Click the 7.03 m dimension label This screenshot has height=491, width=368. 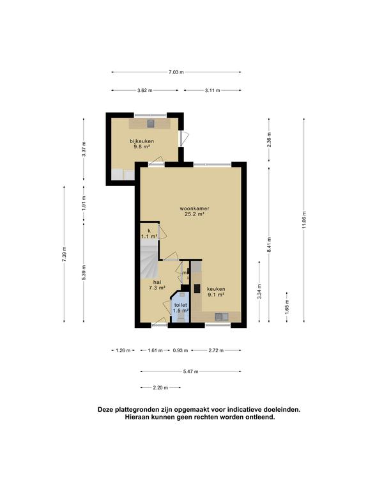tap(176, 72)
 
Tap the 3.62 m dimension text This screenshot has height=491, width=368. tap(144, 91)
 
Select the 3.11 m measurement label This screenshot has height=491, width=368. tap(213, 91)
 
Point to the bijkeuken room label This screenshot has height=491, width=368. tap(142, 141)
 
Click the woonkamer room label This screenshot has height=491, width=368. tap(194, 208)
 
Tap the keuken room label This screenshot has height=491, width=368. tap(216, 289)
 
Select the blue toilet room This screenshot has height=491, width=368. tap(180, 307)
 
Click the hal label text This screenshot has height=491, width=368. tap(157, 282)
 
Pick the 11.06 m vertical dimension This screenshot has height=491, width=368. tap(304, 220)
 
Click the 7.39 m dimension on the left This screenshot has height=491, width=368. tap(64, 254)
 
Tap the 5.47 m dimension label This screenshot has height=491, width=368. tap(190, 371)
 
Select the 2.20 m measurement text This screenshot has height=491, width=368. tap(160, 387)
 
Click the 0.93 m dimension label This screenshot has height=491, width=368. tap(180, 350)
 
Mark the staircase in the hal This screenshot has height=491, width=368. tap(149, 262)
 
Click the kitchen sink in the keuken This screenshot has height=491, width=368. tap(222, 317)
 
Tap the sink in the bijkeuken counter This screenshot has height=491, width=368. tap(151, 123)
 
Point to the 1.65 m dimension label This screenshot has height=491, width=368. tap(287, 307)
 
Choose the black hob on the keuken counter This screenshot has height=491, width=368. tap(197, 288)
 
